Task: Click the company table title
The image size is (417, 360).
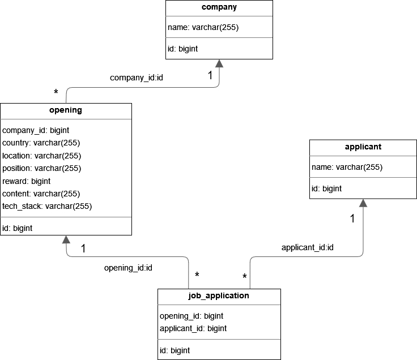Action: pos(219,7)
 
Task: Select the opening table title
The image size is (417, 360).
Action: pos(66,110)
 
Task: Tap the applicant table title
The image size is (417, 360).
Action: pos(363,147)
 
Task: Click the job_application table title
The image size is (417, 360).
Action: pos(219,295)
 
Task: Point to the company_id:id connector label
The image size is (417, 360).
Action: pos(137,77)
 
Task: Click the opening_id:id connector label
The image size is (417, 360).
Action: pos(128,267)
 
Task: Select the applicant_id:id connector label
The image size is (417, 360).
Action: pos(308,247)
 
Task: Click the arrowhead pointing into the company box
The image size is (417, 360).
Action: pos(219,63)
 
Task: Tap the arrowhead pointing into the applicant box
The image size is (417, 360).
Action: pos(363,203)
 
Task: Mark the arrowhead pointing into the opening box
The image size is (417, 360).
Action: pos(66,239)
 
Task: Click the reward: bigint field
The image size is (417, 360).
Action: pos(27,181)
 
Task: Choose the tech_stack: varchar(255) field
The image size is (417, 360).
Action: pos(47,206)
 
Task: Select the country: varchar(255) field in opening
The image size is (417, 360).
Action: pos(42,143)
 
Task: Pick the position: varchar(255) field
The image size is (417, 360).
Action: pos(42,168)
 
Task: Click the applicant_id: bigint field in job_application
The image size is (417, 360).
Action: pos(193,328)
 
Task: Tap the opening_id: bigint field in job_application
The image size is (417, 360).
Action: pos(192,316)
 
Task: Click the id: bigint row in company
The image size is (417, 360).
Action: pos(183,49)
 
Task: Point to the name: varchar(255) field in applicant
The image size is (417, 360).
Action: pos(347,167)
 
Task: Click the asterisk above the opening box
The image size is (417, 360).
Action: pos(56,93)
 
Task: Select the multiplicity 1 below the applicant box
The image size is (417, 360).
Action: pos(352,218)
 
